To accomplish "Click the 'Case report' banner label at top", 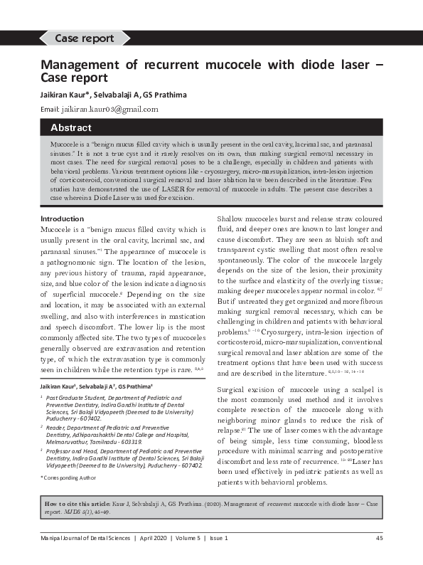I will tap(83, 38).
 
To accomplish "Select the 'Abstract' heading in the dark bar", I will tap(71, 128).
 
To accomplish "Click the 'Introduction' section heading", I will tap(62, 218).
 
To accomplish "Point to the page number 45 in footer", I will tap(379, 538).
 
